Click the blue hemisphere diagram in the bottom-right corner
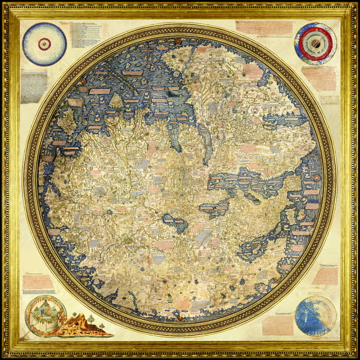(315, 316)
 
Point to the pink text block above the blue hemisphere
(325, 276)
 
